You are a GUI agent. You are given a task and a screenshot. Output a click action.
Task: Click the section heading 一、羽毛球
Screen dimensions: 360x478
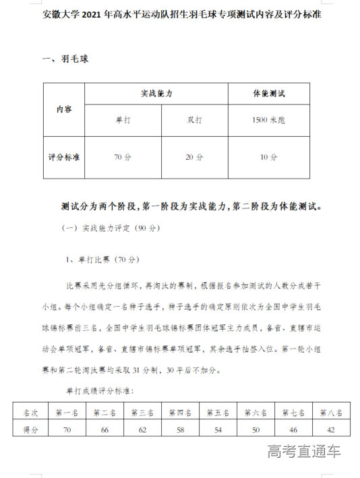[65, 59]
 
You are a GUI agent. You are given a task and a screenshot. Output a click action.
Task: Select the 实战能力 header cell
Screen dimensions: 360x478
[156, 94]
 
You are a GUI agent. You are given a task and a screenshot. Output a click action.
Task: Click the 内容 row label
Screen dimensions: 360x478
[65, 109]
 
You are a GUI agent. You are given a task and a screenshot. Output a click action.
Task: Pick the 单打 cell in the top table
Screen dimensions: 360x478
[123, 120]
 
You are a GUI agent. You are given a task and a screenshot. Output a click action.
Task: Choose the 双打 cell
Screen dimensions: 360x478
[194, 120]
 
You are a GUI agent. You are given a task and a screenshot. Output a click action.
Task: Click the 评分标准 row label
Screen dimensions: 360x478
[65, 157]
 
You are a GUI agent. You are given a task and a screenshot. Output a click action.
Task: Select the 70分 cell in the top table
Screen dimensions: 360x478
[123, 157]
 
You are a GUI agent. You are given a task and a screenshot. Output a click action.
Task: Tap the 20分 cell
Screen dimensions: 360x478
[194, 157]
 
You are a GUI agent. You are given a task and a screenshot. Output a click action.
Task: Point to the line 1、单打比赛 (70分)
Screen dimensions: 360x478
[101, 259]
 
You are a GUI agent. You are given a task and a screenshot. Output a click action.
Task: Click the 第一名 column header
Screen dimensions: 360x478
[68, 413]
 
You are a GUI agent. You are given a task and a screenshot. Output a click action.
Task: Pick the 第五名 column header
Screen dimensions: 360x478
[218, 413]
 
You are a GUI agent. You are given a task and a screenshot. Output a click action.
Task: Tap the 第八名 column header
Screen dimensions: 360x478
[330, 413]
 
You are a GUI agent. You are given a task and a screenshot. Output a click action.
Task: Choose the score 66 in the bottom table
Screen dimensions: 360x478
[105, 429]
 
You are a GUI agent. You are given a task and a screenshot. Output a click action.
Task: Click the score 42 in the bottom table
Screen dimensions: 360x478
[330, 429]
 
